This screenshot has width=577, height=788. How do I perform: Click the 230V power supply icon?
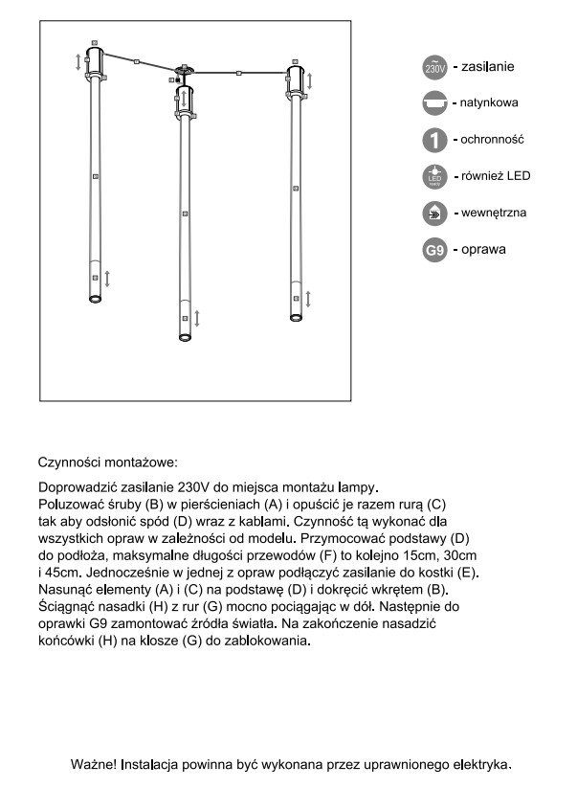[434, 68]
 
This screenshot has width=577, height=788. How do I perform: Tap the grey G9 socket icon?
[434, 251]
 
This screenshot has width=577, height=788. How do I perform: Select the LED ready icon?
[434, 177]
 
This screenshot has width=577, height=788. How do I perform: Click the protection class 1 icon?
[434, 140]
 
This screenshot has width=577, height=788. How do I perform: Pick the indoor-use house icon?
[434, 214]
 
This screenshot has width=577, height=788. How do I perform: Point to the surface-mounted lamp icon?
[434, 101]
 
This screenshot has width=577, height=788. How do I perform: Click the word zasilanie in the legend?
[488, 67]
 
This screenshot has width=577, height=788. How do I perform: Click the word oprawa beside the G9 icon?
[484, 251]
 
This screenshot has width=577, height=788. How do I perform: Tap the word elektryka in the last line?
[481, 765]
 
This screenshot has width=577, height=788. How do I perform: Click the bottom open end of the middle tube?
[183, 337]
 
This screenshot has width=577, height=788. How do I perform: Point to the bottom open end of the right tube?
[294, 317]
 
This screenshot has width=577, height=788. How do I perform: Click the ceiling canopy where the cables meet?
[183, 70]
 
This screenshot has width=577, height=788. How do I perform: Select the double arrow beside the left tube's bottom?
[107, 279]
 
